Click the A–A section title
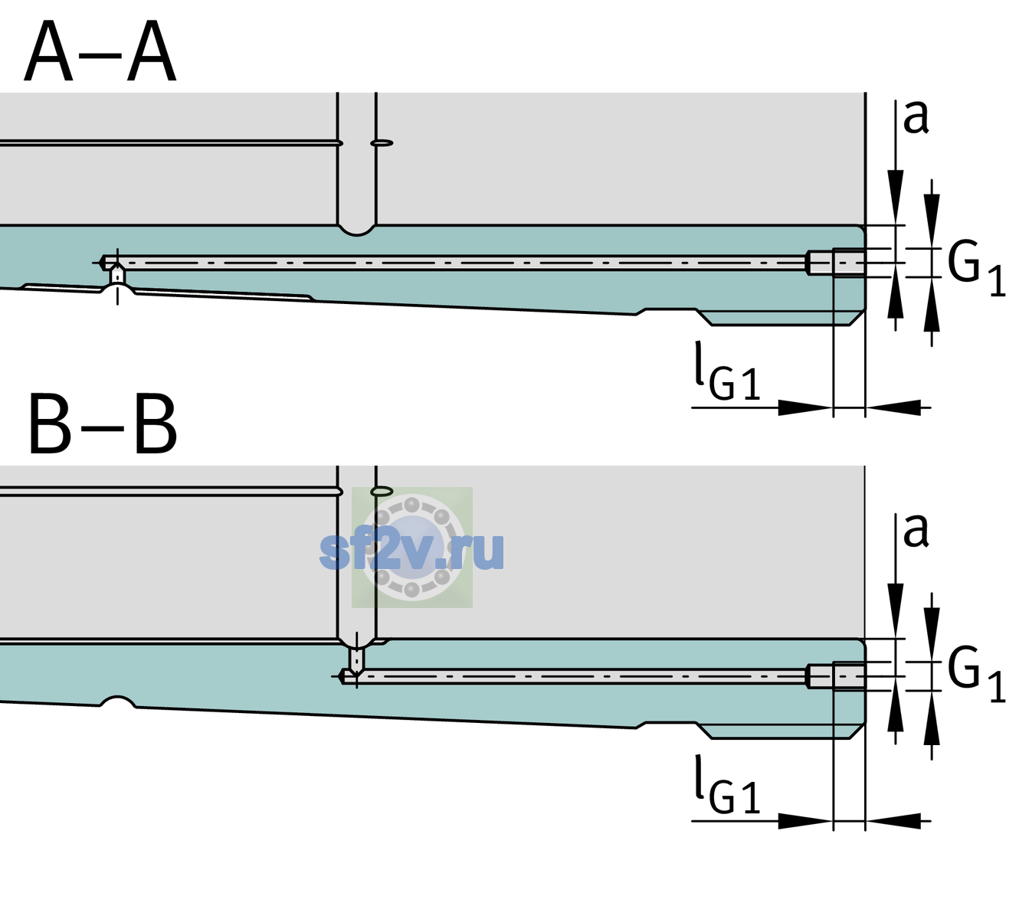[x=100, y=52]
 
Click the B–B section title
[x=103, y=424]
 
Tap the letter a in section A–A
[x=916, y=118]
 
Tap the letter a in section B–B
[x=916, y=531]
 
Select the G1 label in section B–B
[x=976, y=675]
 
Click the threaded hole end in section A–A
[x=836, y=263]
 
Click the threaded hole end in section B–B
[x=836, y=676]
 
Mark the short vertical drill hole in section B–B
[x=357, y=659]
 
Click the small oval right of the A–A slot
[x=382, y=143]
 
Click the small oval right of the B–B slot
[x=382, y=491]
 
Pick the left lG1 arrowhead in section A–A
[x=806, y=407]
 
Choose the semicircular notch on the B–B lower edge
[x=118, y=702]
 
